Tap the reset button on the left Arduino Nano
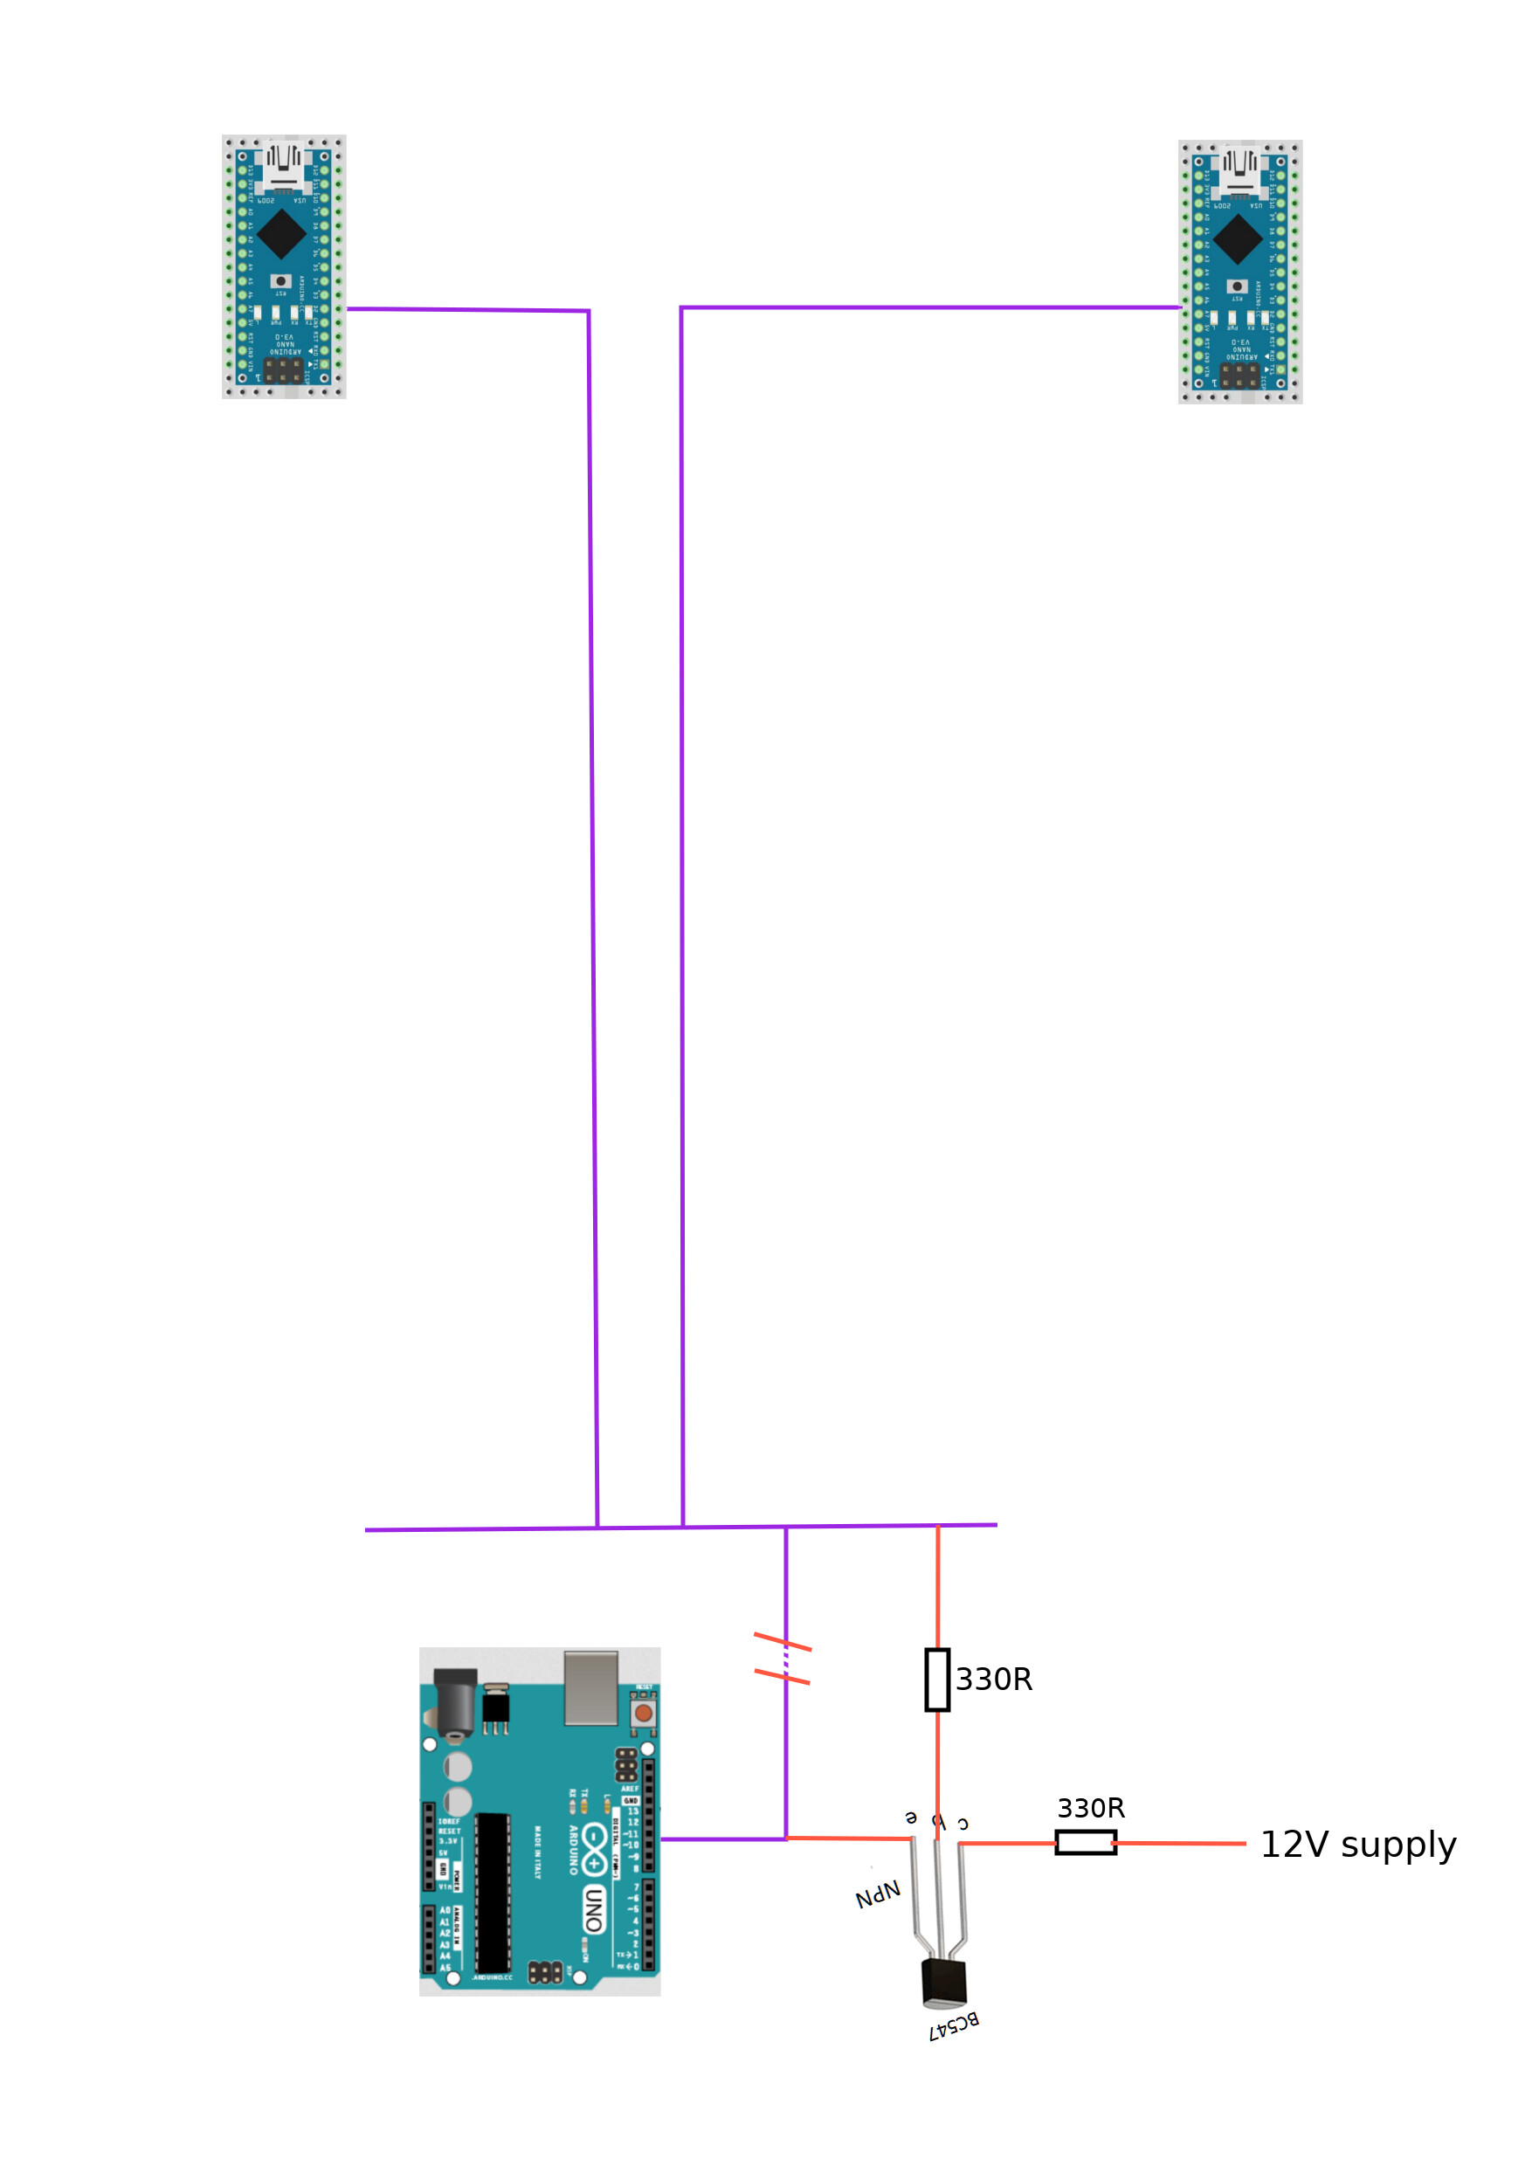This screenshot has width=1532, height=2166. [x=280, y=281]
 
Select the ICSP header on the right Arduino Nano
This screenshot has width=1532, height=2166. [x=1239, y=376]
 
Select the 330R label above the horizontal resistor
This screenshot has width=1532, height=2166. [x=1091, y=1808]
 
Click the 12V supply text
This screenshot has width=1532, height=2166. [x=1357, y=1845]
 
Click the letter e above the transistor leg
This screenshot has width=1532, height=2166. [x=910, y=1817]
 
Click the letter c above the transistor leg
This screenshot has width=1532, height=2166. [x=963, y=1824]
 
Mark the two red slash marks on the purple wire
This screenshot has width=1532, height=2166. [x=782, y=1659]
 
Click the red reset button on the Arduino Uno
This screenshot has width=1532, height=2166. [x=644, y=1712]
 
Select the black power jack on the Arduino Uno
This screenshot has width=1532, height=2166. [x=455, y=1703]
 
